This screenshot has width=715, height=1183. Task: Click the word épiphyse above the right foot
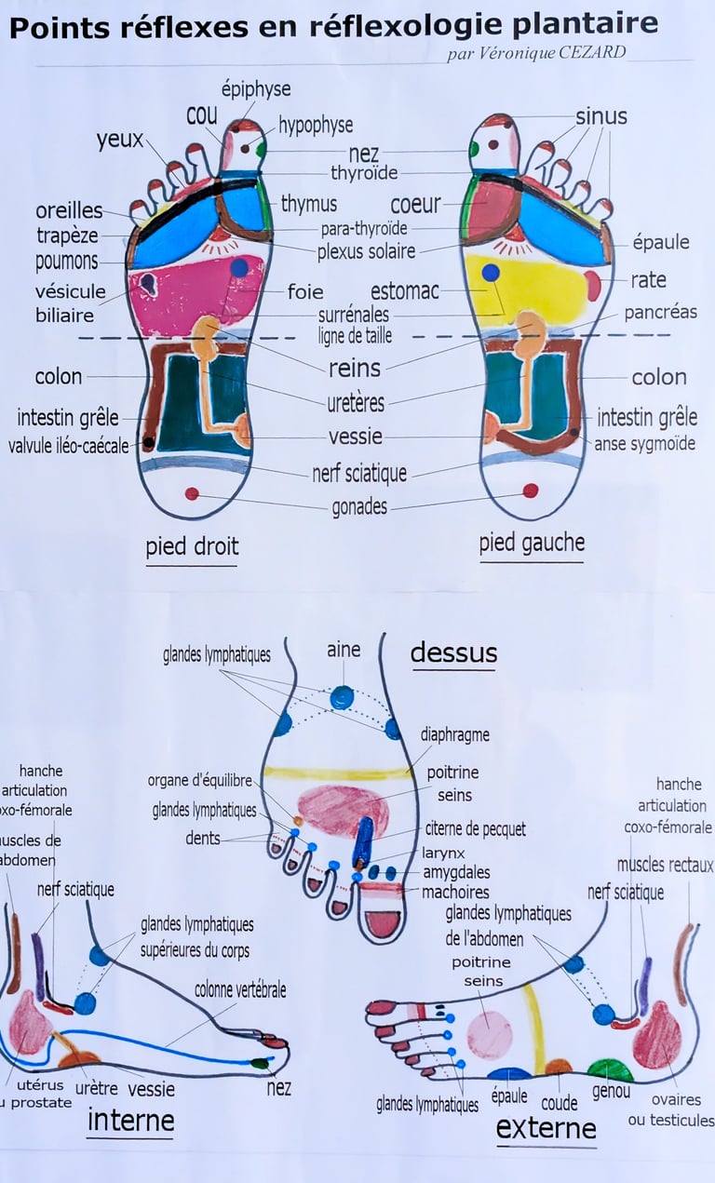(255, 89)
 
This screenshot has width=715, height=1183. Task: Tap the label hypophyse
(316, 126)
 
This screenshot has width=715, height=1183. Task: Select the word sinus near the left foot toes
(601, 116)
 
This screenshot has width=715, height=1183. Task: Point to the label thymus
(309, 203)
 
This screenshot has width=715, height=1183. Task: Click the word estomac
(404, 291)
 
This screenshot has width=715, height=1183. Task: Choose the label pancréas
(660, 313)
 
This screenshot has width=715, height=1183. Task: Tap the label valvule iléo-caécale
(69, 446)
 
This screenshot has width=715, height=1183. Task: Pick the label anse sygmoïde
(644, 444)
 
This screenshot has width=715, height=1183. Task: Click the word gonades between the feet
(359, 507)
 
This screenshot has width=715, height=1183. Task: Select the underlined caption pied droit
(192, 546)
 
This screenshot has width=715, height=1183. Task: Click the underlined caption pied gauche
(532, 543)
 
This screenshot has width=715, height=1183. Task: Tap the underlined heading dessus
(453, 652)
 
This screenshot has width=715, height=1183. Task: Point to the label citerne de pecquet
(475, 828)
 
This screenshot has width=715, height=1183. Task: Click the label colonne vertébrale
(240, 990)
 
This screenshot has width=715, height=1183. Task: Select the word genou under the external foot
(611, 1091)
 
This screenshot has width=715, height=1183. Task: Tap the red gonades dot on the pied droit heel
(192, 493)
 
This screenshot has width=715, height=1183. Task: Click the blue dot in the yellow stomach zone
(491, 274)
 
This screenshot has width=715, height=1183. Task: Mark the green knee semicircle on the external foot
(610, 1070)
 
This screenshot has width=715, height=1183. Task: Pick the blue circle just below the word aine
(342, 696)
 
